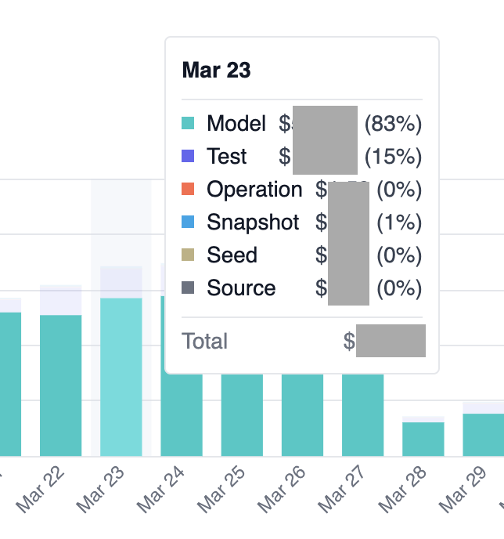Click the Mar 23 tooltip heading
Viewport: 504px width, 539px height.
coord(216,71)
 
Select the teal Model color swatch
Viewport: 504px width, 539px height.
coord(188,124)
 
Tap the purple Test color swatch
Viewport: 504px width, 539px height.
coord(188,157)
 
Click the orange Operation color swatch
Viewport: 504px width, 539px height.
coord(188,190)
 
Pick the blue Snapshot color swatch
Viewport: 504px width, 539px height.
coord(188,222)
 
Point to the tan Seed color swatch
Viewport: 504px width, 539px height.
coord(188,255)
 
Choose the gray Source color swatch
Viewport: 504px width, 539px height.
coord(188,288)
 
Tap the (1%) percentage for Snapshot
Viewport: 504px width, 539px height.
coord(399,222)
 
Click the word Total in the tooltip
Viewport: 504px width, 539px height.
coord(205,342)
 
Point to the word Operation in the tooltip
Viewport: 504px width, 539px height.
coord(254,190)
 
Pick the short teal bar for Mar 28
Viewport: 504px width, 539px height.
coord(423,440)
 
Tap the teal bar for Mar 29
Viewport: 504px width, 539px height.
coord(484,435)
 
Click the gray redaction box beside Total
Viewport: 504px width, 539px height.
coord(391,341)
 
